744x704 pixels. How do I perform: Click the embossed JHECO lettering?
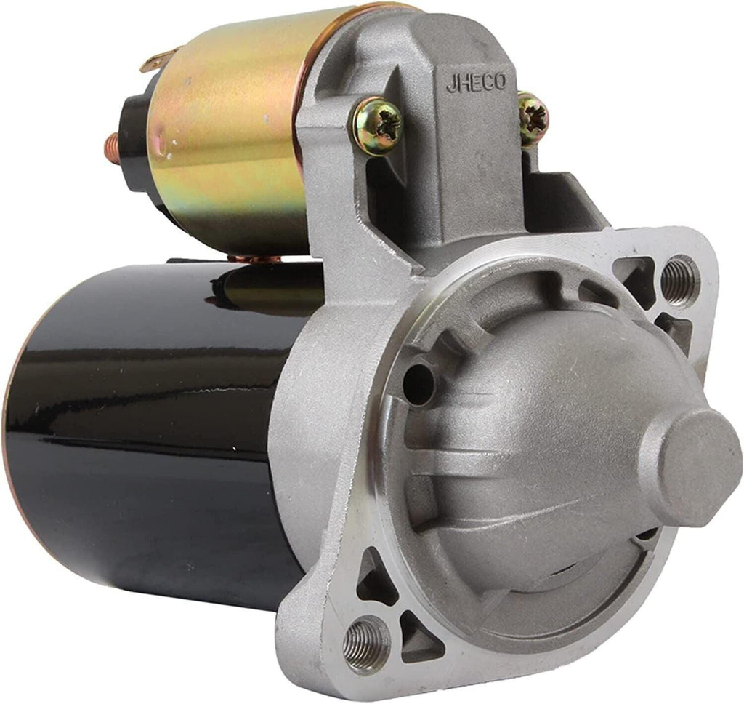[x=476, y=83]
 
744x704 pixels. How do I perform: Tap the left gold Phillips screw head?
[x=376, y=127]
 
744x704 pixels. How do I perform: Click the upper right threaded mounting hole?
[x=679, y=279]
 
